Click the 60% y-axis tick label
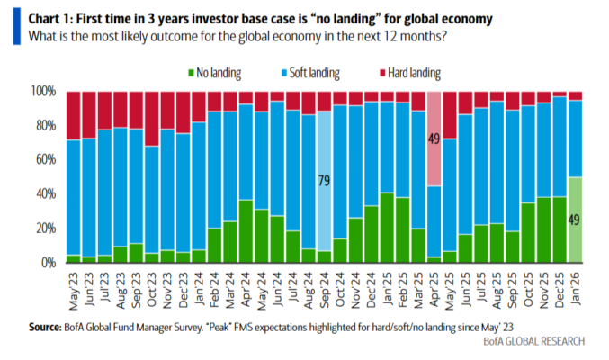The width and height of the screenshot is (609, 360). click(x=46, y=160)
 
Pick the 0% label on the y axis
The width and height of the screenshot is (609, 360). click(x=49, y=263)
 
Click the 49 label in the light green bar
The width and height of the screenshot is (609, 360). click(x=575, y=220)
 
